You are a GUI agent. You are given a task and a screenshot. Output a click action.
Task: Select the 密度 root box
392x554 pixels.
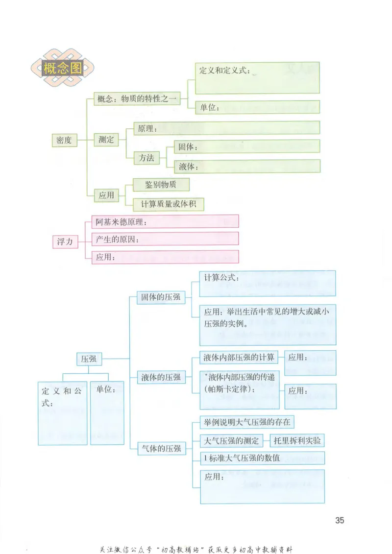64,140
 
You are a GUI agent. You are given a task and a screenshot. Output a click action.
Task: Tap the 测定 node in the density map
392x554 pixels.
106,140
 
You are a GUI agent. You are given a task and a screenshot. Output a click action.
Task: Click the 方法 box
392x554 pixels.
147,158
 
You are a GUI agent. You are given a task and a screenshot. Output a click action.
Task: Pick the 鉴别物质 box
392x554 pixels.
161,185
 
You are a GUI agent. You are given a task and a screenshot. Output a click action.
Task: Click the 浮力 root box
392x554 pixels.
65,241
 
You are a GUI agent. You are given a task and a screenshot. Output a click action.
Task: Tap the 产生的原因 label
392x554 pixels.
118,240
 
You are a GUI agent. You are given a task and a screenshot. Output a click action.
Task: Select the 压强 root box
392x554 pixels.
89,359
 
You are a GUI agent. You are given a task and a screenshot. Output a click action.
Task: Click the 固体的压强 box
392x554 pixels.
161,297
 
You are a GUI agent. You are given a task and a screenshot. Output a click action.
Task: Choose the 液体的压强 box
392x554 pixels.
161,377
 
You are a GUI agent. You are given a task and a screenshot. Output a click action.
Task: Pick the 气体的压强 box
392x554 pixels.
161,448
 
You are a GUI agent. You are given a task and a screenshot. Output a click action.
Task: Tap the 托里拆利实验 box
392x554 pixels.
297,440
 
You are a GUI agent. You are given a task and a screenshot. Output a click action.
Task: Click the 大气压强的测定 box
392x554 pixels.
231,440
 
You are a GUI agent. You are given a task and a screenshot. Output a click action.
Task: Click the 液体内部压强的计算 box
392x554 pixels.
239,357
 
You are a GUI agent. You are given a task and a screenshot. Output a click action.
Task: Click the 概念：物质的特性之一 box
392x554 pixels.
137,99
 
